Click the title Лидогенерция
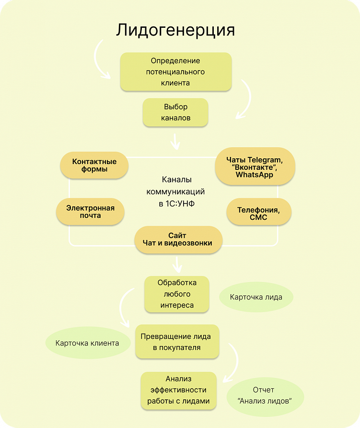pos(175,30)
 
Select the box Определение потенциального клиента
pos(175,72)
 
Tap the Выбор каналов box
pos(175,112)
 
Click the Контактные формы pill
pos(94,166)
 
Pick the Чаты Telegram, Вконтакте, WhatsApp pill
pos(255,166)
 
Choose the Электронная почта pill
pos(90,212)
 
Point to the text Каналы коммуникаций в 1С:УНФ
pos(175,191)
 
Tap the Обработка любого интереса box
pos(177,294)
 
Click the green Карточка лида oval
pos(256,297)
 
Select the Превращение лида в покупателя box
pos(177,342)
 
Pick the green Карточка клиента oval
pos(87,343)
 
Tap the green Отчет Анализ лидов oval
pos(265,395)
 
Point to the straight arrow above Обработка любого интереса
pos(178,263)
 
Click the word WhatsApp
pos(255,175)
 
